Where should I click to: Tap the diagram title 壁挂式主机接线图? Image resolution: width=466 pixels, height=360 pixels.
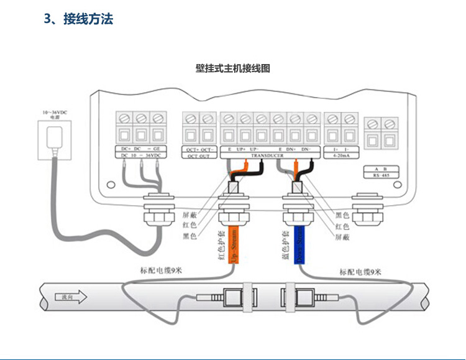coord(233,68)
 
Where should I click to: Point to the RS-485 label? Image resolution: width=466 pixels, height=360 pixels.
coord(380,176)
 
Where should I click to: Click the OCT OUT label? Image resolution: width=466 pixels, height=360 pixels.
coord(199,157)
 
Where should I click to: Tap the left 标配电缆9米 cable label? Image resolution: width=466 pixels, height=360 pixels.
coord(160,271)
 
